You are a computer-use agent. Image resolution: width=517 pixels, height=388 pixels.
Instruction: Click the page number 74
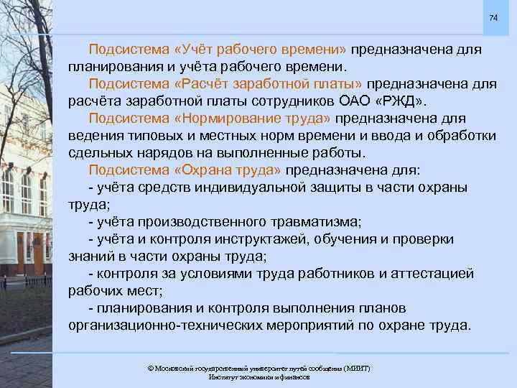tap(493, 17)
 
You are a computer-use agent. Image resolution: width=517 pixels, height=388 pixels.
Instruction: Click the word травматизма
tap(317, 221)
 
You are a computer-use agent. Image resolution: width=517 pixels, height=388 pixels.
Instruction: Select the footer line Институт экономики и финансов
tap(258, 377)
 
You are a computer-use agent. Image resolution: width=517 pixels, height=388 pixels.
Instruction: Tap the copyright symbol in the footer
tap(150, 368)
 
